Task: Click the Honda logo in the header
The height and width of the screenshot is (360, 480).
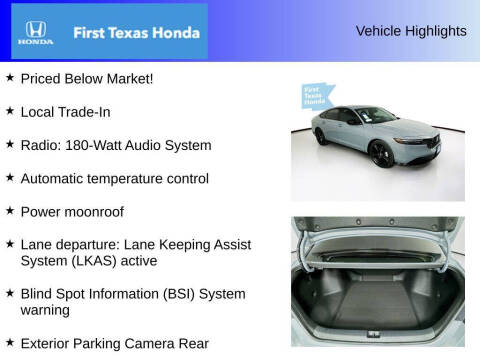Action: tap(34, 32)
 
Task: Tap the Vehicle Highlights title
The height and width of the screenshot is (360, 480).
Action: tap(411, 31)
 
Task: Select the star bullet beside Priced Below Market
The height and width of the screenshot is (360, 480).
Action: tap(10, 78)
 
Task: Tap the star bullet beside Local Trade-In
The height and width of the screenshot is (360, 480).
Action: tap(10, 111)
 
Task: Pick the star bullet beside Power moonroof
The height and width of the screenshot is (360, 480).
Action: tap(10, 211)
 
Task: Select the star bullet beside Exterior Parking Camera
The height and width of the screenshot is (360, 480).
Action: tap(10, 343)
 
